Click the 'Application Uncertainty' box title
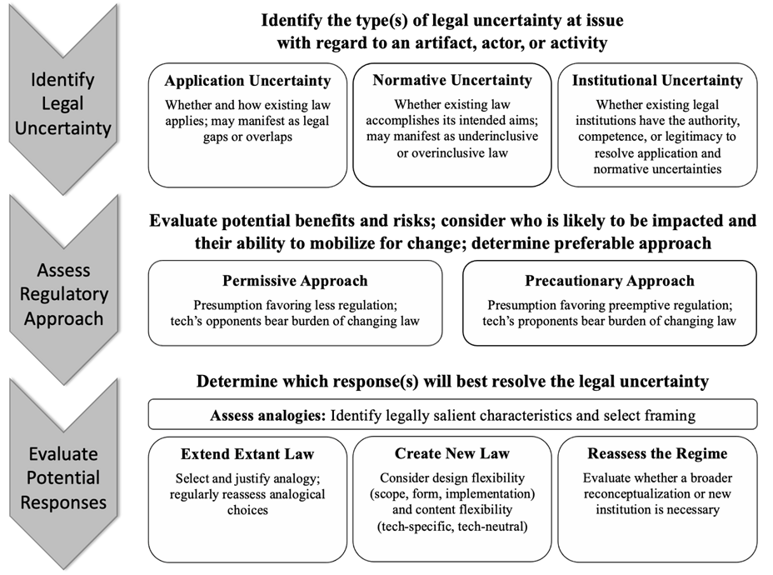point(247,81)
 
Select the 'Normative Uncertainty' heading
point(452,80)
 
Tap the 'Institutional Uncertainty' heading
point(657,80)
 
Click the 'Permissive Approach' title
point(295,281)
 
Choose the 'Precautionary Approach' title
point(610,281)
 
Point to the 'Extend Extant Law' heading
point(247,453)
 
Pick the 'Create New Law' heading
point(452,453)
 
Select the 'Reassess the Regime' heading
point(657,453)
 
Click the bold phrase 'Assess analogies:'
point(268,416)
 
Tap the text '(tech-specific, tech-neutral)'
point(452,527)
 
